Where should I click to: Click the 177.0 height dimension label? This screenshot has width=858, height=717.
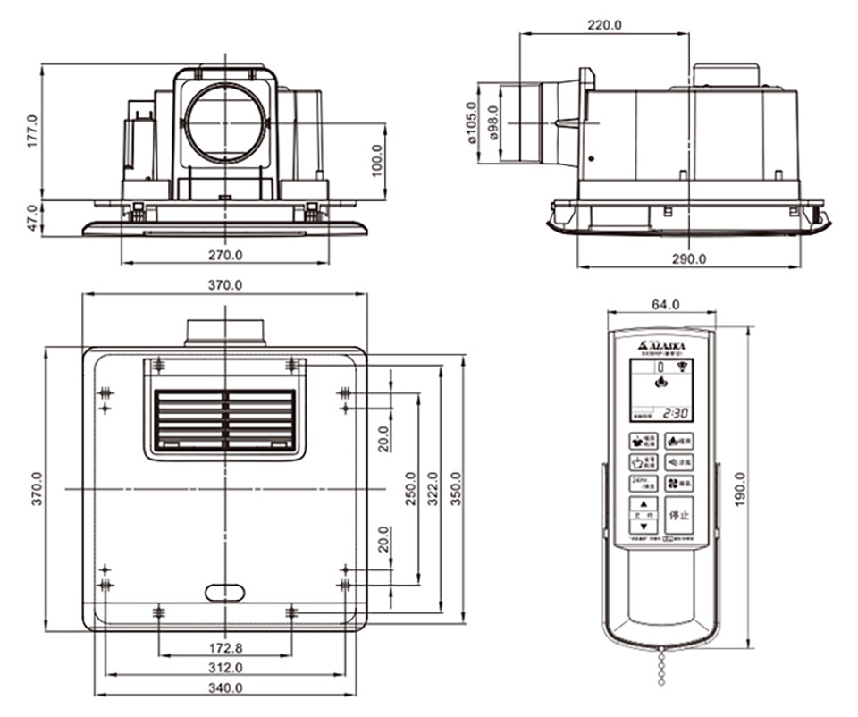pyautogui.click(x=33, y=130)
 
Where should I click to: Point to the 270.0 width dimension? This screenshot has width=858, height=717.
pyautogui.click(x=225, y=255)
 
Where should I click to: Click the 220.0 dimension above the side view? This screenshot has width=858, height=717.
pyautogui.click(x=604, y=25)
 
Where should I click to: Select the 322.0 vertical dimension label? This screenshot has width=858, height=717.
pyautogui.click(x=435, y=488)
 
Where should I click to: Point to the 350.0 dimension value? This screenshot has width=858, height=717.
pyautogui.click(x=458, y=488)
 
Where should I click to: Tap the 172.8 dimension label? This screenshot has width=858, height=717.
pyautogui.click(x=225, y=647)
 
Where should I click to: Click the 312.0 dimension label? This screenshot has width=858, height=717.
pyautogui.click(x=225, y=668)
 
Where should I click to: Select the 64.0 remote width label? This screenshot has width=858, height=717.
pyautogui.click(x=663, y=304)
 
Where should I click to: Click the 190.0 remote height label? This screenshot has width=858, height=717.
pyautogui.click(x=742, y=488)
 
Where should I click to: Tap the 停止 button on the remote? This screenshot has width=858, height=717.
pyautogui.click(x=679, y=516)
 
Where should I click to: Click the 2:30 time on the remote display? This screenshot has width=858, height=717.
pyautogui.click(x=675, y=413)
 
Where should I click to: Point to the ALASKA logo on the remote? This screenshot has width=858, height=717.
pyautogui.click(x=662, y=344)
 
